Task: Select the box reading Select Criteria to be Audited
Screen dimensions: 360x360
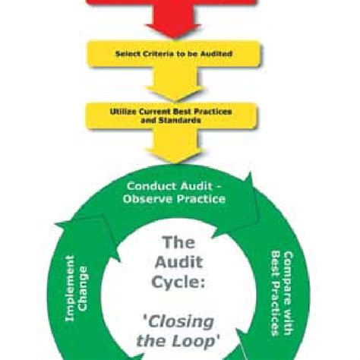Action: (174, 55)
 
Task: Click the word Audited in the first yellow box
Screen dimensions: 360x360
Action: (215, 55)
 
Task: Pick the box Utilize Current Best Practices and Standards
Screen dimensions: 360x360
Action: (174, 115)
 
